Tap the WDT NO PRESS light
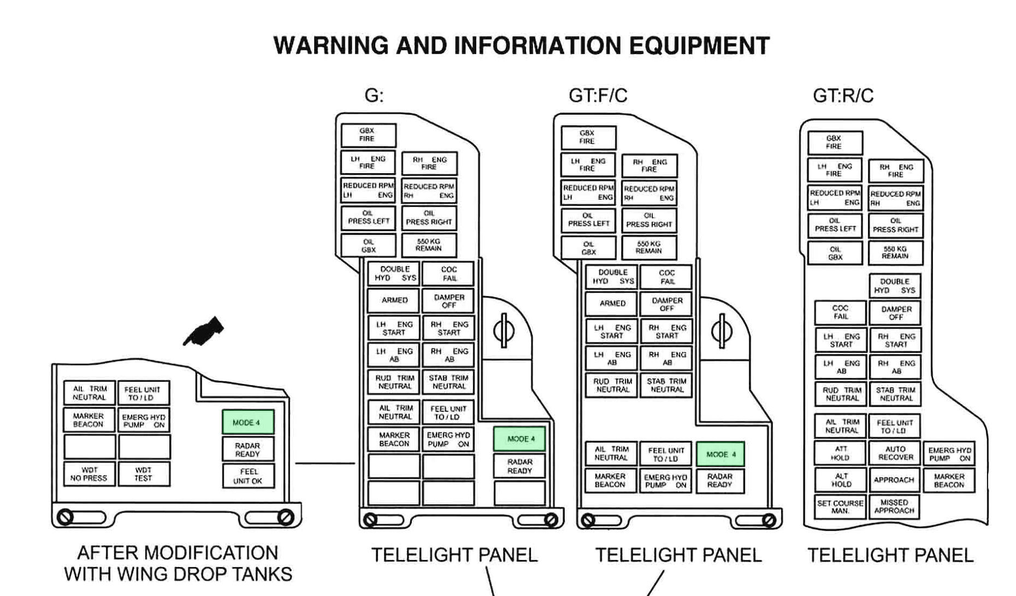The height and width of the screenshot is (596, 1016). [89, 474]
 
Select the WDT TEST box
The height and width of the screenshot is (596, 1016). [144, 474]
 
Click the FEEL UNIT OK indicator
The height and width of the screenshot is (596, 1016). [248, 476]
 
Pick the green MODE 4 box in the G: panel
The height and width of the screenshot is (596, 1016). [519, 439]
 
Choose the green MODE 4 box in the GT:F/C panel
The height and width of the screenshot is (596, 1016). [720, 454]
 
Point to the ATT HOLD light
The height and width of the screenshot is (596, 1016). [840, 453]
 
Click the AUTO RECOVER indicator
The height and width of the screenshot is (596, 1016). [895, 453]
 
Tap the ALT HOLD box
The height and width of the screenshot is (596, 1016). [840, 480]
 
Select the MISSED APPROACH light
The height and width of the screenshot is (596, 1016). [894, 506]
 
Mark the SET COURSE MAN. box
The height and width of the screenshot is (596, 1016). [840, 506]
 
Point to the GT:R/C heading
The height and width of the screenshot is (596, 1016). [843, 96]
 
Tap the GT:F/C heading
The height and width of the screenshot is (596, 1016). [598, 96]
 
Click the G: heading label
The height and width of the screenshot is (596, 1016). [374, 96]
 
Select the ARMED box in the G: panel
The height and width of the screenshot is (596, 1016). [394, 300]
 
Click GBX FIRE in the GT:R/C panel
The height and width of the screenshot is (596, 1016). [835, 143]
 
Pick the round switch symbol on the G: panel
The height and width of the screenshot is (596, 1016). [503, 331]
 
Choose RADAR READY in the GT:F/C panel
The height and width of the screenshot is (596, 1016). [720, 480]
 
